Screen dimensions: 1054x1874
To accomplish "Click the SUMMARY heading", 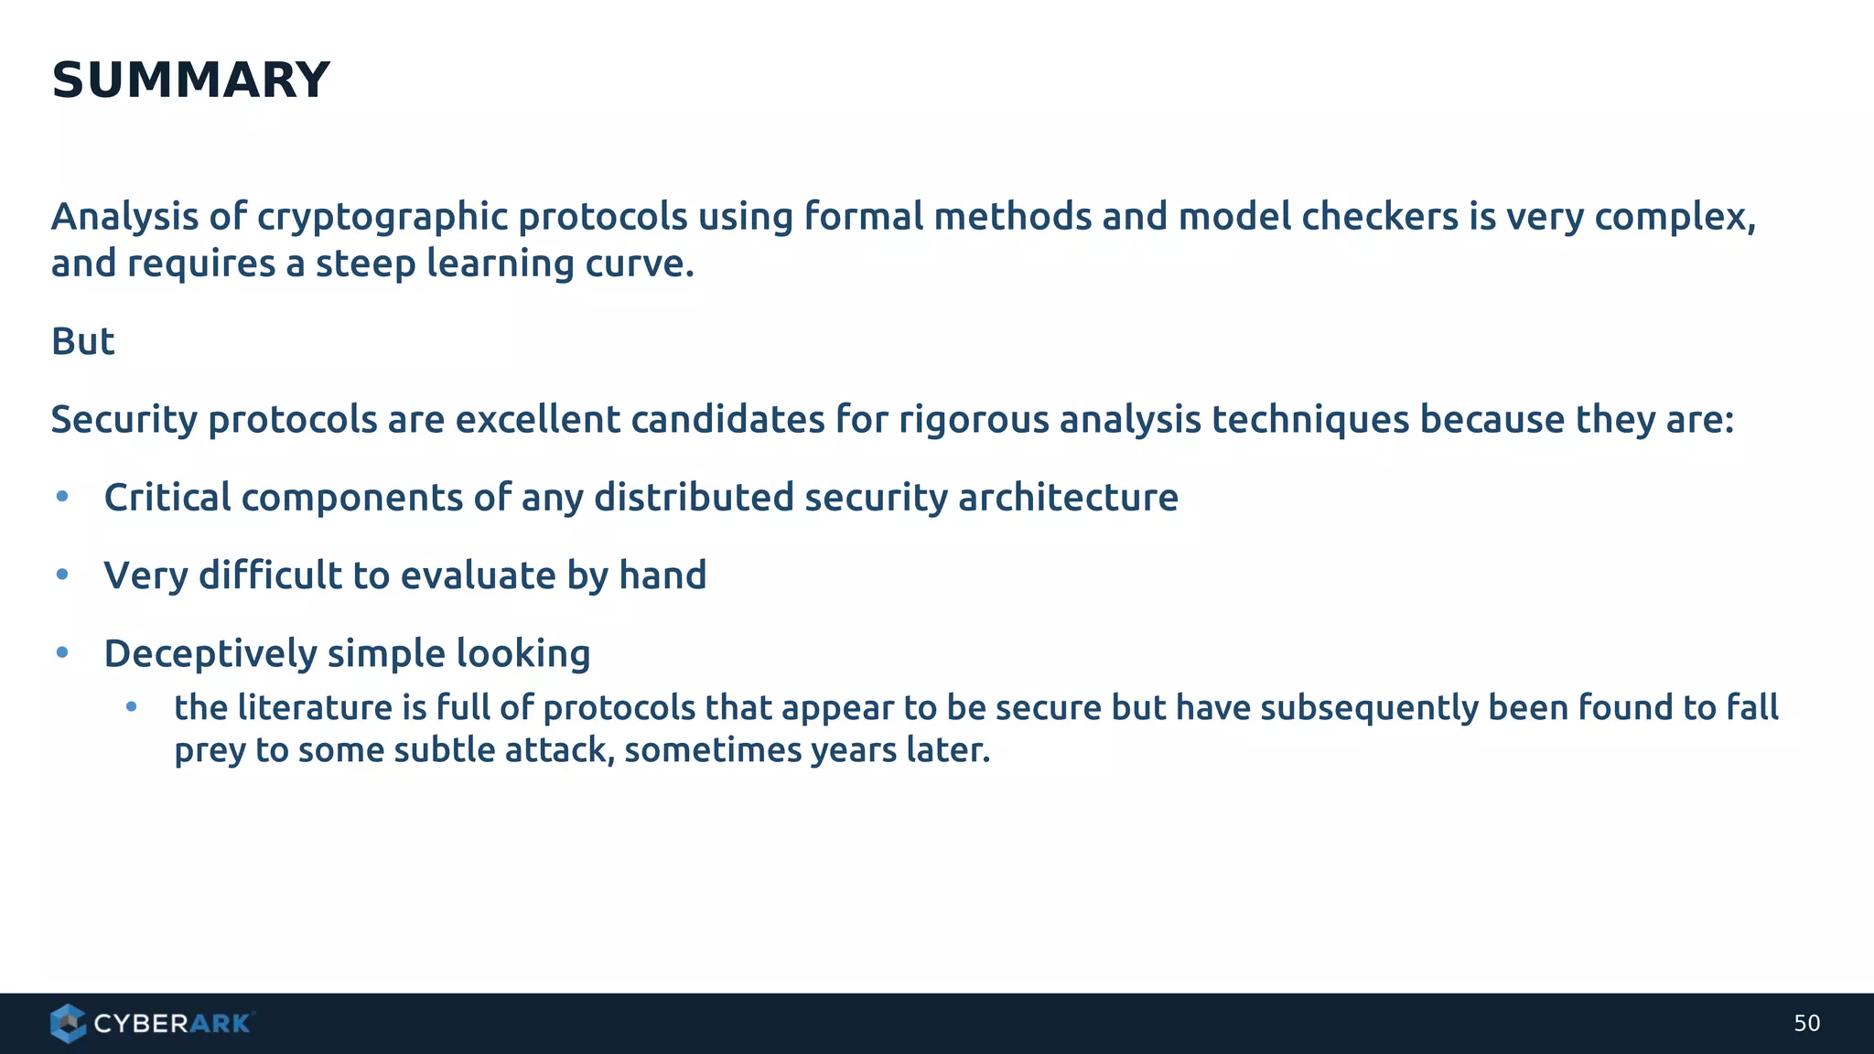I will (x=190, y=81).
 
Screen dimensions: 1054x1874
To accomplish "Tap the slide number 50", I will (x=1806, y=1024).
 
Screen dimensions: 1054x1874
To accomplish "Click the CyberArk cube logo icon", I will (x=68, y=1023).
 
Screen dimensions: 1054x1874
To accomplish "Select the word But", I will (x=82, y=342).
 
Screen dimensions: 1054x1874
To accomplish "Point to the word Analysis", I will (x=124, y=217).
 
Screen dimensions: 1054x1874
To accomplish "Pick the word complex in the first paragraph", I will (x=1674, y=218).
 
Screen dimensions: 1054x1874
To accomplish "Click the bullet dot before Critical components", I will (x=62, y=497).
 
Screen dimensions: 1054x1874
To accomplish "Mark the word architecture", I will (x=1068, y=498).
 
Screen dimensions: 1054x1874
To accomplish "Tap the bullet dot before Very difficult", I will (x=62, y=575).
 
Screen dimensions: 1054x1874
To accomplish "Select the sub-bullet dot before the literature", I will (x=132, y=706).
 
